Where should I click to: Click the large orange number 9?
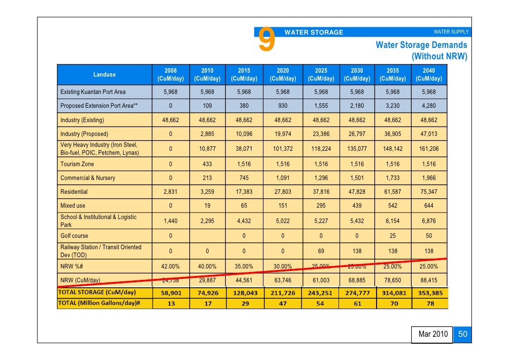(266, 40)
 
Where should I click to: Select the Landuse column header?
(104, 75)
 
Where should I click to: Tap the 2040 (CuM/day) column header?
(429, 75)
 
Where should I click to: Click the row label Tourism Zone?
(77, 164)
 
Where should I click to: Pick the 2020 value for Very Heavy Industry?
(283, 149)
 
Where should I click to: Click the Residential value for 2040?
(429, 192)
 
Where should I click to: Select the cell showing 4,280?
(429, 106)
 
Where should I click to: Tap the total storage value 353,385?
(429, 293)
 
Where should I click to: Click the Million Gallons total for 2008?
(170, 303)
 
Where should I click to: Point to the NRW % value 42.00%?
(170, 267)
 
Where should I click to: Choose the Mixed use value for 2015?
(244, 206)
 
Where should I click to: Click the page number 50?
(463, 334)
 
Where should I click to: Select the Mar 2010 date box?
(433, 334)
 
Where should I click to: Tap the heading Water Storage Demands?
(421, 45)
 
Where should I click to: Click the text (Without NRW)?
(439, 56)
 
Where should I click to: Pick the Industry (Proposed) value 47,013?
(429, 134)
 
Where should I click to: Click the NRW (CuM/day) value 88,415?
(429, 280)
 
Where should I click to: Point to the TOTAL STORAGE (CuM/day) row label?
(98, 292)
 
